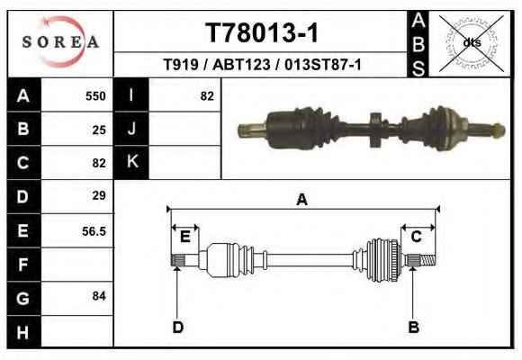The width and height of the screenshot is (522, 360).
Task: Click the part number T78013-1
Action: coord(262,32)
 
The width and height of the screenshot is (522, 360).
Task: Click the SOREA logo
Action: coord(60,42)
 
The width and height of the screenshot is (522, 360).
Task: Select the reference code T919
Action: coord(181,64)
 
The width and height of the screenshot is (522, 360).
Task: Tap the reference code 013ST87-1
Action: coord(323,64)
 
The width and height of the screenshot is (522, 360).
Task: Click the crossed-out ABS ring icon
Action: coord(471,43)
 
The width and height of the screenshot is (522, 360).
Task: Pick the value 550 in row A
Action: coord(95,96)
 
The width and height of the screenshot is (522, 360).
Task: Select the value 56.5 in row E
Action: coord(94,231)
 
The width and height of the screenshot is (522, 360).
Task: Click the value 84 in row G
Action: coord(99,296)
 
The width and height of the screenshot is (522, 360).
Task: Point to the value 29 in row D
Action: coord(99,195)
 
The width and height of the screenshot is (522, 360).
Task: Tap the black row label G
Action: coord(23,298)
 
